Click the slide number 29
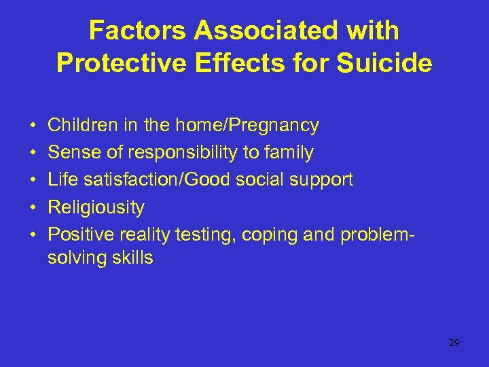(454, 343)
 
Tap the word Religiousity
(96, 207)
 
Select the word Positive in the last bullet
(81, 234)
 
